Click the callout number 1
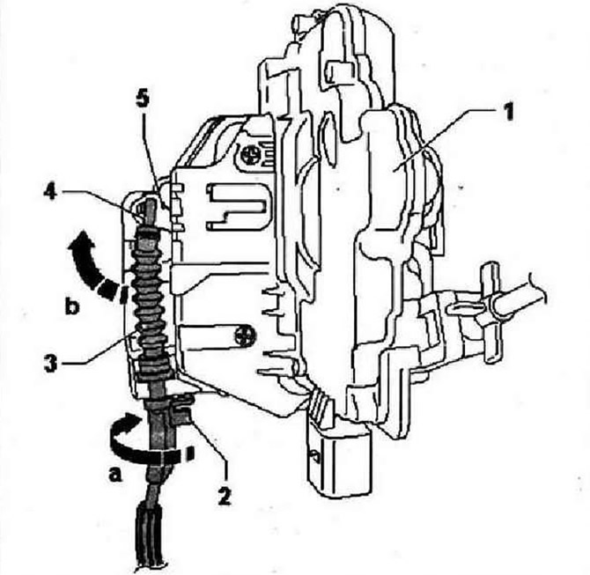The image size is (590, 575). tap(508, 112)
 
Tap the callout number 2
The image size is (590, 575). tap(224, 496)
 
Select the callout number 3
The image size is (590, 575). tap(51, 363)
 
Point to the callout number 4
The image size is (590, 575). tap(52, 193)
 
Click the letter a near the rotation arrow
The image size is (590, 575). tap(115, 475)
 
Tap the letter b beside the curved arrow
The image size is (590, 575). tap(72, 306)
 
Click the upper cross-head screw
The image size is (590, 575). tap(249, 155)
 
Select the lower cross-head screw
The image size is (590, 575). tap(245, 335)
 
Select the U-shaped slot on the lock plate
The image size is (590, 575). tap(236, 206)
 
